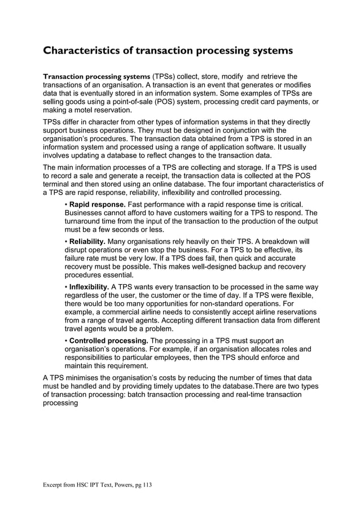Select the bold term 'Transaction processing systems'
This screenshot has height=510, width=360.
point(96,76)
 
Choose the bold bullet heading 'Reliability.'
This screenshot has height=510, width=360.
point(87,241)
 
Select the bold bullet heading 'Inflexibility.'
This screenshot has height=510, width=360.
point(89,287)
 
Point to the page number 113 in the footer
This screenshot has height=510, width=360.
point(145,485)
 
